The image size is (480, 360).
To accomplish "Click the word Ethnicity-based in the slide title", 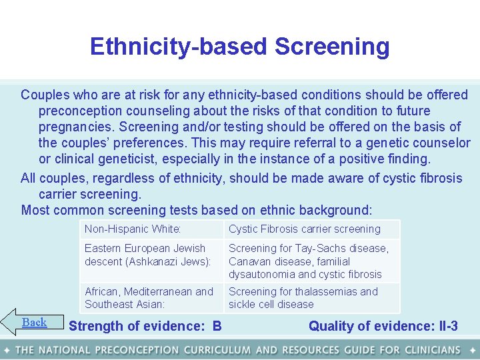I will [178, 47].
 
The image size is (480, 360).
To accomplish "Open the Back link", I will [34, 323].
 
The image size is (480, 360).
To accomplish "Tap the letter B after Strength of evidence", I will [217, 326].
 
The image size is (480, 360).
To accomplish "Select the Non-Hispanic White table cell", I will [133, 229].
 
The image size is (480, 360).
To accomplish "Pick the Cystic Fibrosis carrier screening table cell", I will [305, 229].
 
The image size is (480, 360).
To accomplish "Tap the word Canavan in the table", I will [250, 261].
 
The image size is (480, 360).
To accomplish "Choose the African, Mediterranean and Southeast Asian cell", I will [149, 298].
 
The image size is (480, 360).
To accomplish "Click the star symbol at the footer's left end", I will [6, 350].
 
